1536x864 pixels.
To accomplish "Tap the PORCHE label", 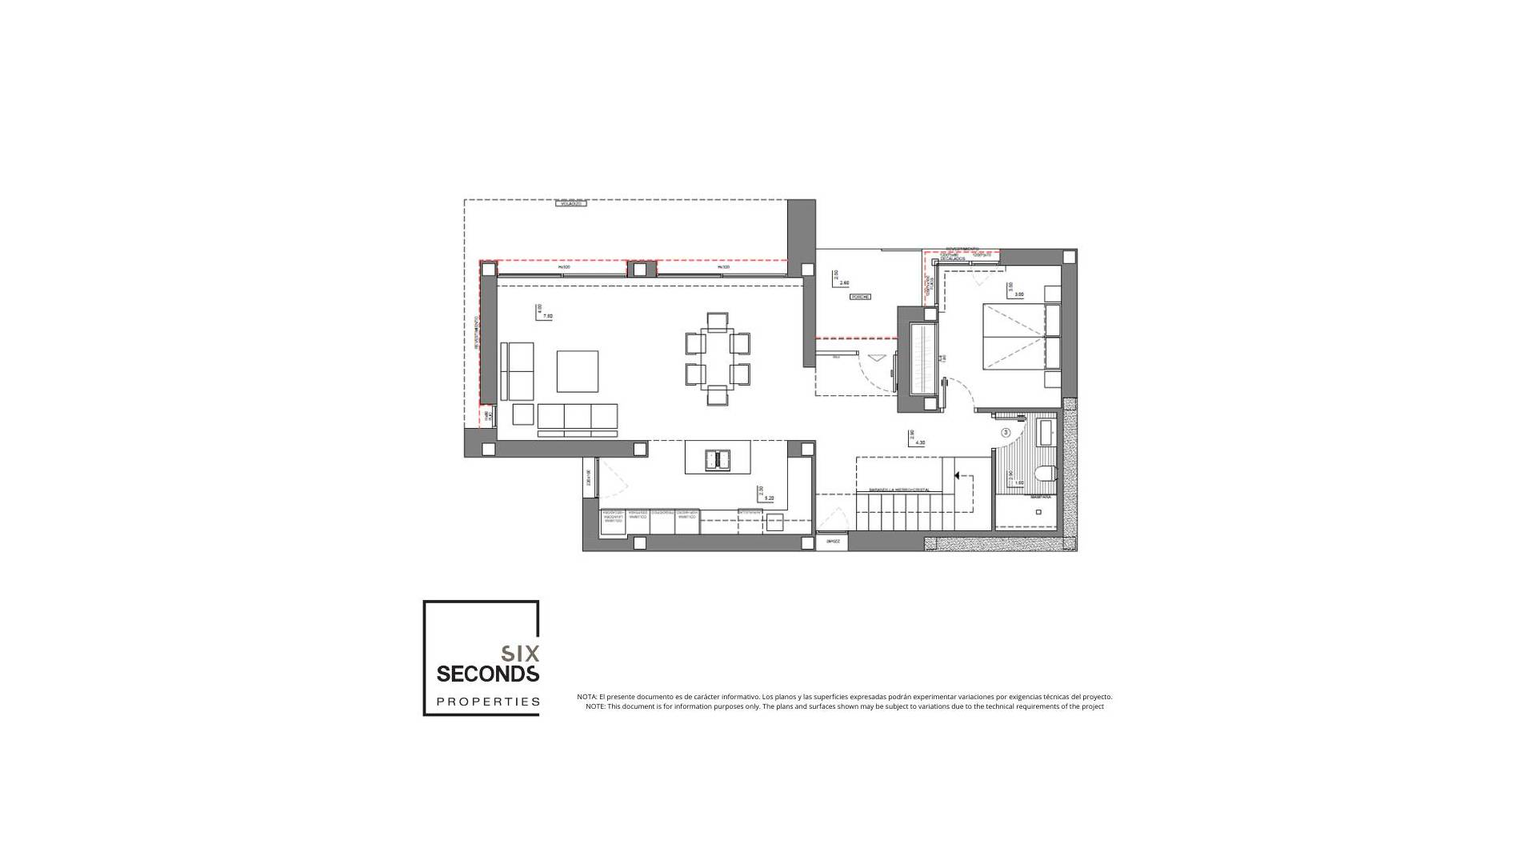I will (860, 297).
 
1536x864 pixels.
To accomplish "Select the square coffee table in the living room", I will (578, 371).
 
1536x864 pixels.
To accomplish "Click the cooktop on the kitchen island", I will (717, 459).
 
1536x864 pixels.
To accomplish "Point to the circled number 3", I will (1006, 432).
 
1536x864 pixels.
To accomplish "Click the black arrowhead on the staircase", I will (956, 475).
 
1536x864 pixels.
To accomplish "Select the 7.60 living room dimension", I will (548, 317).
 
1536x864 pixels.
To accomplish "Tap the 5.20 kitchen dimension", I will (769, 498).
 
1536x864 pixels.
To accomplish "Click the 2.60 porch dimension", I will (845, 282).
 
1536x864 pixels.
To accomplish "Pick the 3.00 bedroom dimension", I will (1018, 294).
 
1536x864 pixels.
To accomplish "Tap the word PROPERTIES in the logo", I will (487, 702).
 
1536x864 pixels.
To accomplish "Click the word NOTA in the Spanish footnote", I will (586, 697).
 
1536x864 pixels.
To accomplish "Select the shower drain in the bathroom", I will (1035, 510).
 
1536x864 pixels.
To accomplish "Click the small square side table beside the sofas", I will (523, 414).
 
